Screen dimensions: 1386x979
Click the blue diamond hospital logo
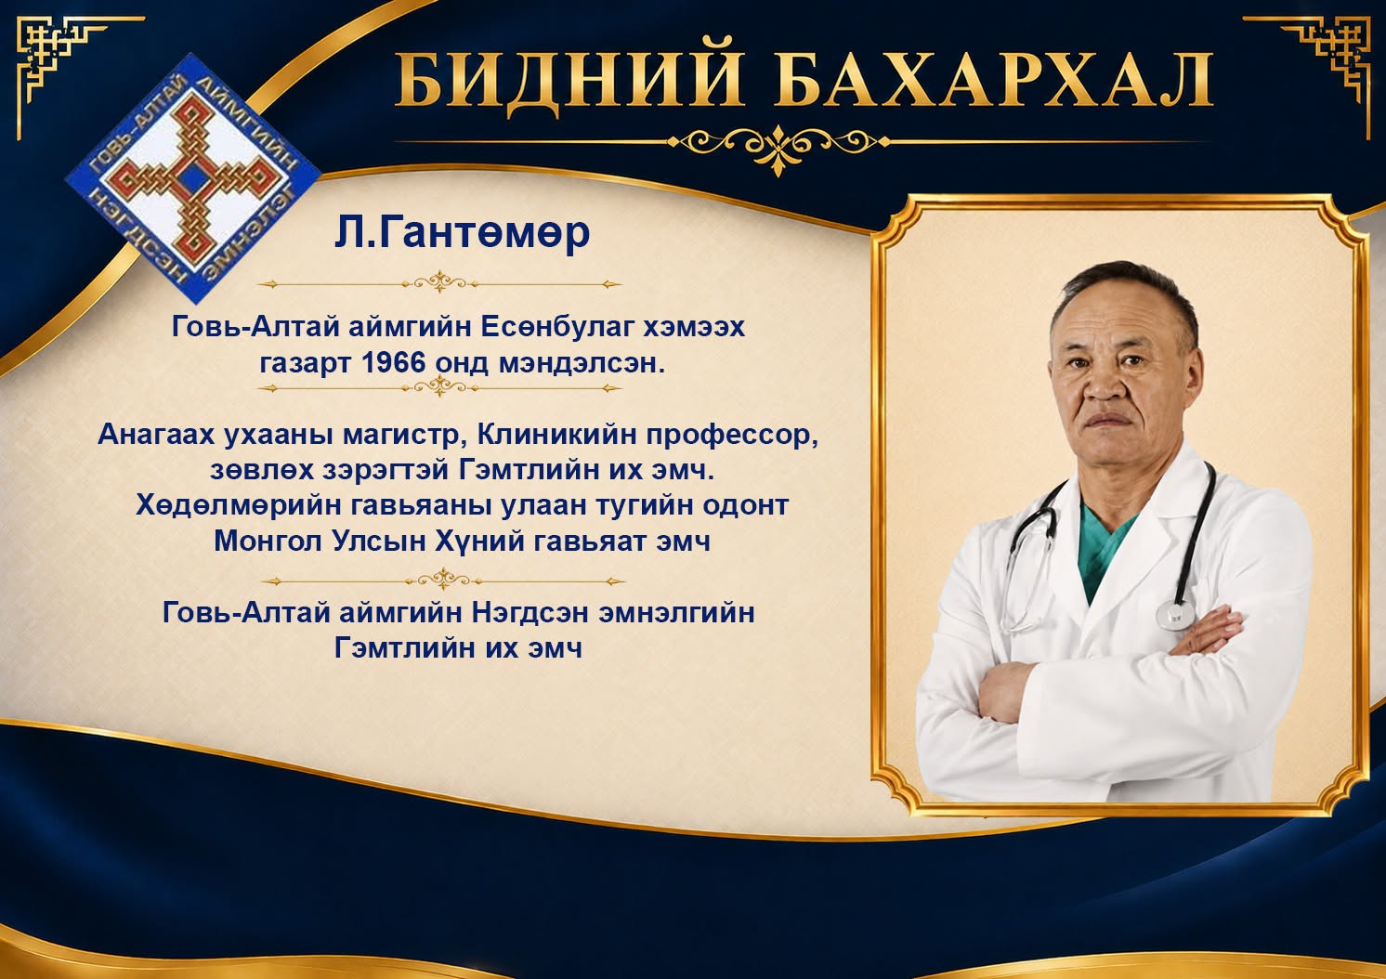pyautogui.click(x=192, y=178)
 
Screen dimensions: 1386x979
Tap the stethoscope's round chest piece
pyautogui.click(x=1175, y=614)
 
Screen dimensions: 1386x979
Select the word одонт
pyautogui.click(x=746, y=505)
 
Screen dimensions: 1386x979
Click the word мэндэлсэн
pyautogui.click(x=581, y=363)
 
